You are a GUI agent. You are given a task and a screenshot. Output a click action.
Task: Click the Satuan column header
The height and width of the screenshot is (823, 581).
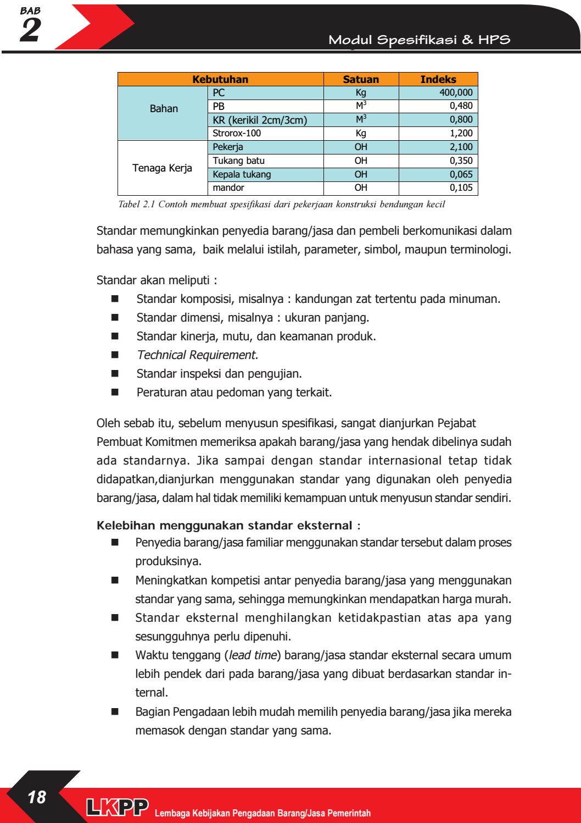[x=361, y=79]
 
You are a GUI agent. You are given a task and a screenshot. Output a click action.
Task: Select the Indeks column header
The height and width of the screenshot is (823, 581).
[x=438, y=79]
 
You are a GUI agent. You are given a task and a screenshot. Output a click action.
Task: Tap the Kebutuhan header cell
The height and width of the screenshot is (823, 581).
[x=220, y=79]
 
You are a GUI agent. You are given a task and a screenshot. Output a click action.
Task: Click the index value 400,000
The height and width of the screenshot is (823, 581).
[x=456, y=93]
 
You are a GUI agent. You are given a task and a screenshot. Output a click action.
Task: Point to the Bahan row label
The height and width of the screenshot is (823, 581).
[x=164, y=108]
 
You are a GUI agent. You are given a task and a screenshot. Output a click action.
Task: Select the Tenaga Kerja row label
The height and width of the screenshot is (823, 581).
[x=163, y=168]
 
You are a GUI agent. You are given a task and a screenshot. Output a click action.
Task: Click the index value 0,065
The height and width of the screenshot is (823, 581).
[x=461, y=175]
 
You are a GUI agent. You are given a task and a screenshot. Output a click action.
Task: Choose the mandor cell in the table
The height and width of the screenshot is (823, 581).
[x=226, y=189]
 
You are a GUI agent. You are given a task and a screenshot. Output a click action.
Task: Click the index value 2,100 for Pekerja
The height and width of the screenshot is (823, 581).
[x=461, y=147]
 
